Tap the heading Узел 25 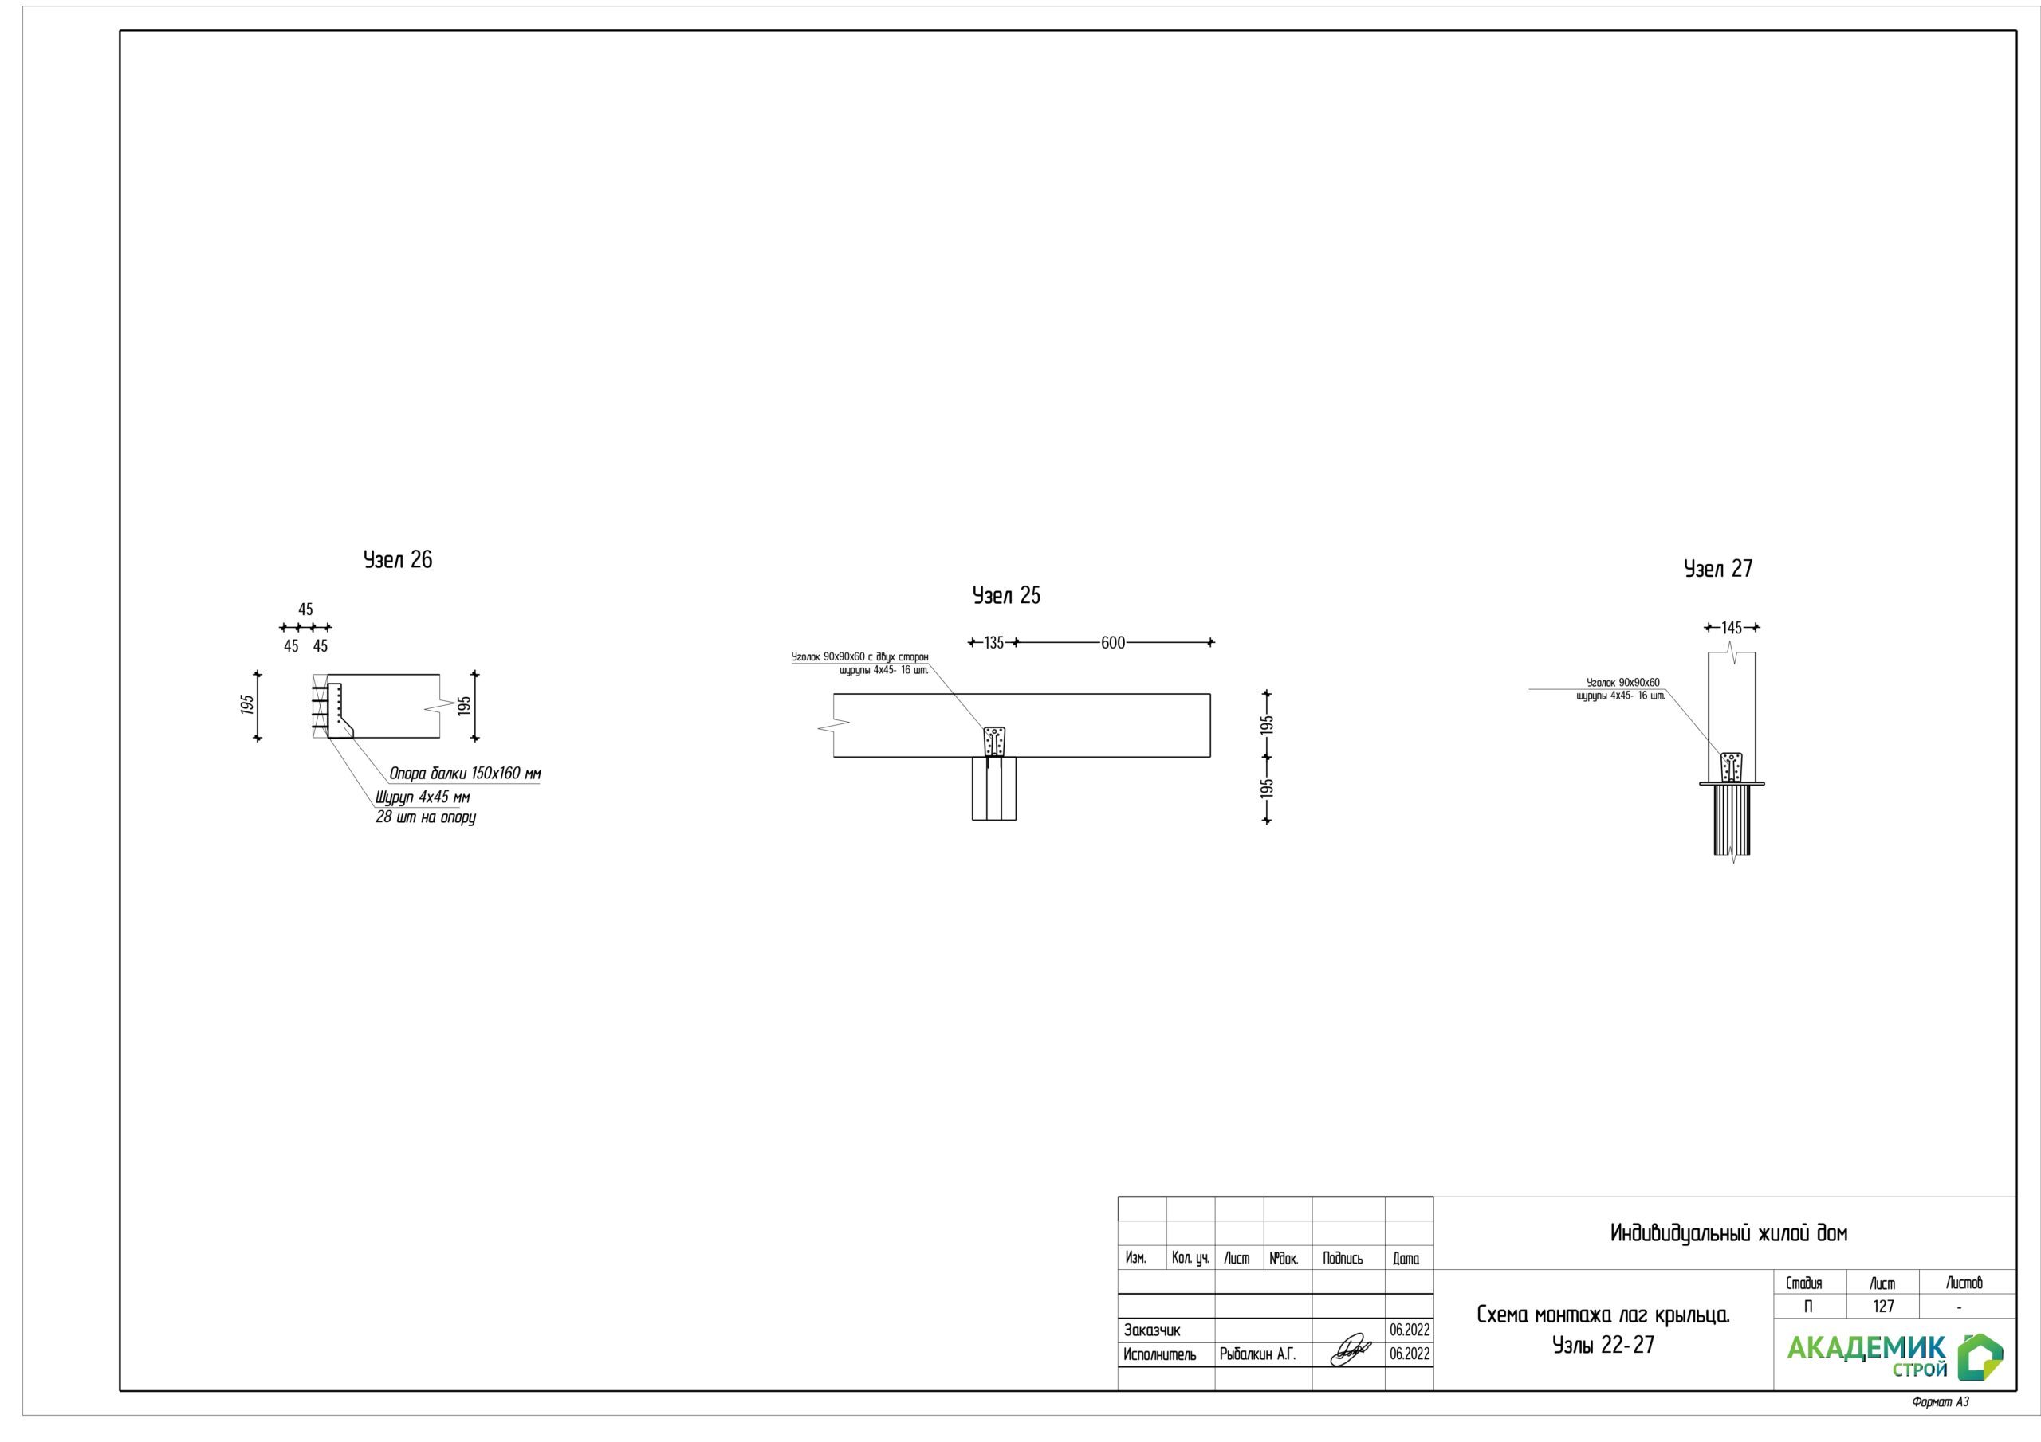1006,595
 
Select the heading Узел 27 1718,569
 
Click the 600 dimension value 1113,642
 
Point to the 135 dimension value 994,642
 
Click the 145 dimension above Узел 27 1732,627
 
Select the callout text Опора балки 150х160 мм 465,774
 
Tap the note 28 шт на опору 426,817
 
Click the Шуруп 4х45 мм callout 423,797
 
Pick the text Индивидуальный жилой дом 1729,1233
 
